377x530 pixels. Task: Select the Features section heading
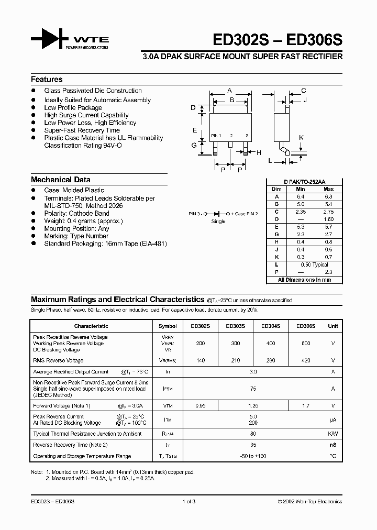click(x=47, y=80)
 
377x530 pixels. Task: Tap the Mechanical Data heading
click(x=60, y=180)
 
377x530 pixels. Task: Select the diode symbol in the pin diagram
click(x=218, y=214)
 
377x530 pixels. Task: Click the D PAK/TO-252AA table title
click(x=305, y=182)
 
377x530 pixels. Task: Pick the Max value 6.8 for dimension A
click(x=328, y=196)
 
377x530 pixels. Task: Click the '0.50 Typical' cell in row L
click(x=314, y=265)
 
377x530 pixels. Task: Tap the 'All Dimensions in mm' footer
click(x=304, y=280)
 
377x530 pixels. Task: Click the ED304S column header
click(x=271, y=326)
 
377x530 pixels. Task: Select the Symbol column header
click(x=168, y=326)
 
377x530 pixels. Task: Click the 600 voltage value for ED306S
click(x=306, y=344)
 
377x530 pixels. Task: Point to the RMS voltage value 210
click(x=235, y=360)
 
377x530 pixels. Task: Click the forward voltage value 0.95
click(x=200, y=405)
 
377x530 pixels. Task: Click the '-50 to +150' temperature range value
click(x=253, y=456)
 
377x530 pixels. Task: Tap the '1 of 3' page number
click(x=188, y=501)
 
